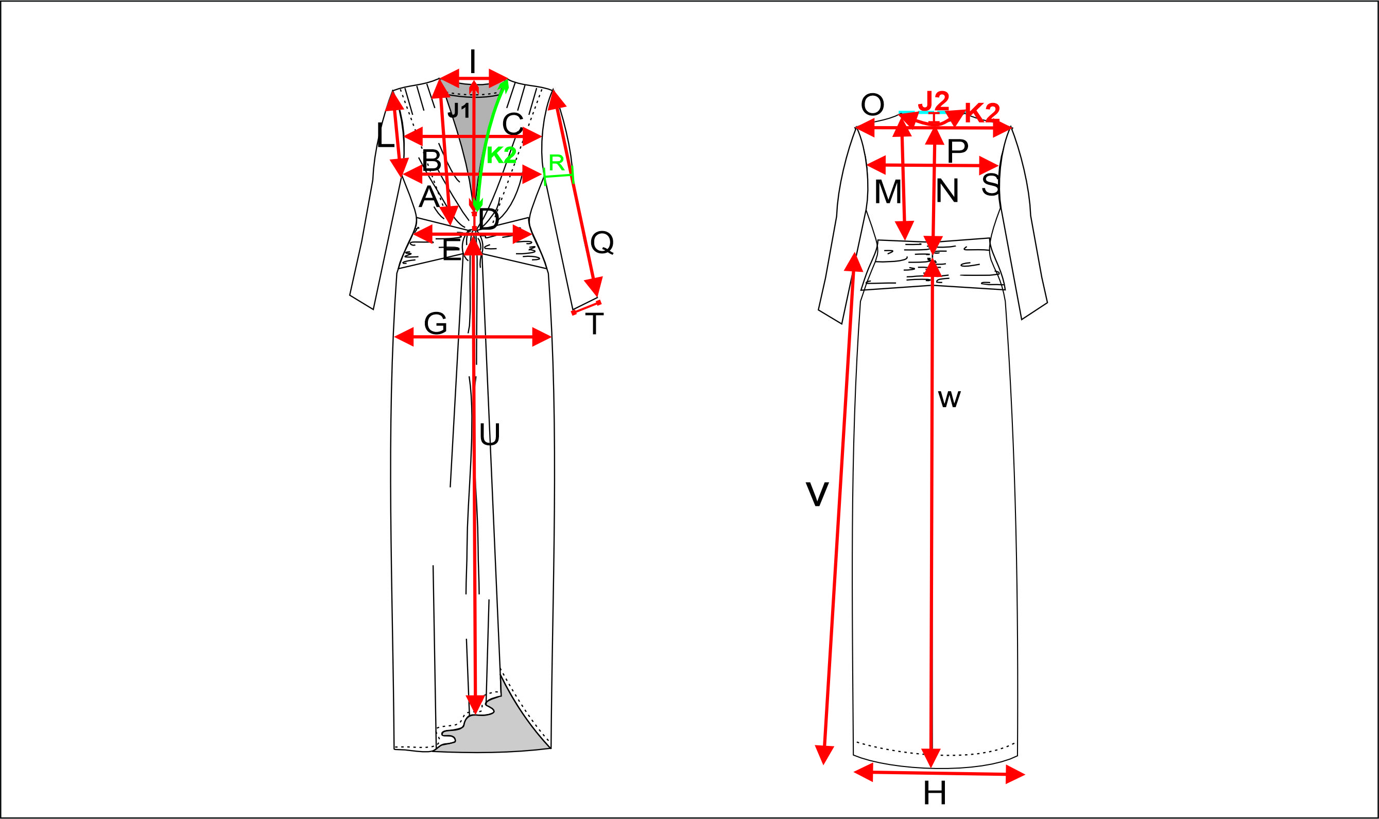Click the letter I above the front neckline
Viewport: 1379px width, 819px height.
473,62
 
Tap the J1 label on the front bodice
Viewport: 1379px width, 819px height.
458,110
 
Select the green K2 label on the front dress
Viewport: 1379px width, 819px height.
501,155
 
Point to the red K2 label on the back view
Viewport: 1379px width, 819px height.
982,113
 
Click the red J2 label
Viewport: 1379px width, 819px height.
934,101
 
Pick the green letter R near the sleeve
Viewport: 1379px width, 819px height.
557,163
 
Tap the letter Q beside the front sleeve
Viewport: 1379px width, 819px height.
602,242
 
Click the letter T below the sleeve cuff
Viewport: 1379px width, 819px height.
595,324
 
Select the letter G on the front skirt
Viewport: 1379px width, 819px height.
436,323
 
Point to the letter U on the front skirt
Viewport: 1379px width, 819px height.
490,435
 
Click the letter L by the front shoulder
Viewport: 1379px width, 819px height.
385,135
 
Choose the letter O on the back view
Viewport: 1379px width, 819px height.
873,104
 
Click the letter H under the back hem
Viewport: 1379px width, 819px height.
935,794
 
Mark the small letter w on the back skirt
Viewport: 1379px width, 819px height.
950,398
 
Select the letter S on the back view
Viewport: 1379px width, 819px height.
991,184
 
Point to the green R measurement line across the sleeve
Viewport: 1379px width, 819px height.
559,176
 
